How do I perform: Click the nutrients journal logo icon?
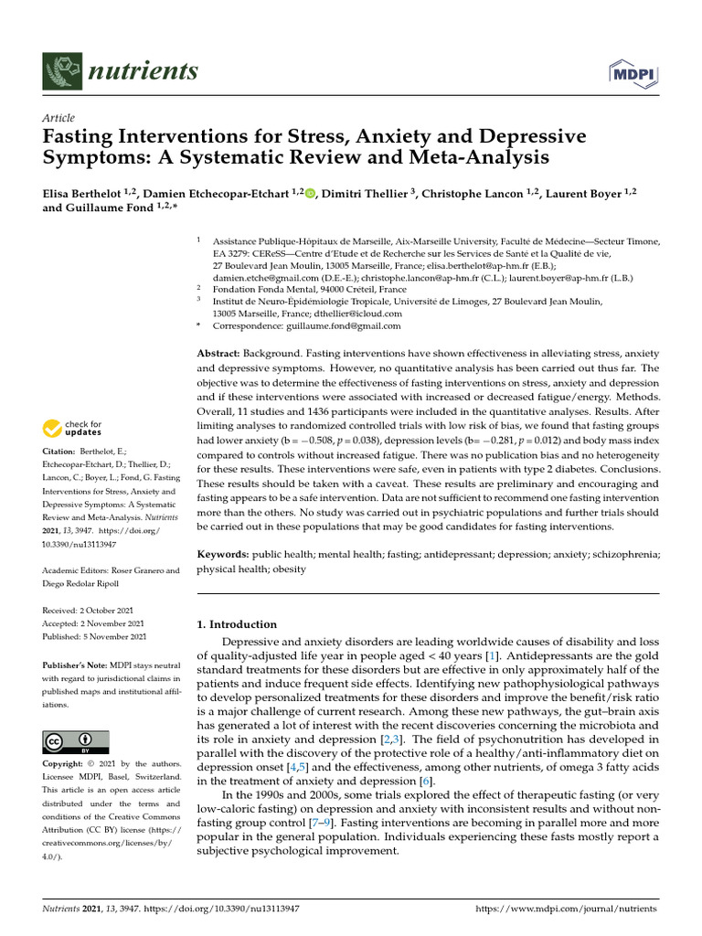coord(60,70)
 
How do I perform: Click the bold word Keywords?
coord(222,554)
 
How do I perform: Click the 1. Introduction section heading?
coord(237,624)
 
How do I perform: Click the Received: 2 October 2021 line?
coord(94,610)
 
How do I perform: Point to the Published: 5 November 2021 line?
coord(95,636)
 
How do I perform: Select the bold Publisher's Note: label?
coord(79,666)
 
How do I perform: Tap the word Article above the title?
coord(58,118)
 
